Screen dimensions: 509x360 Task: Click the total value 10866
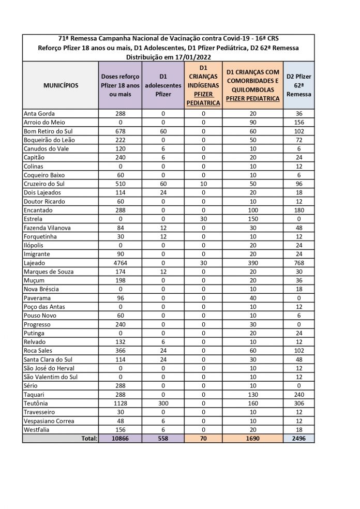[119, 439]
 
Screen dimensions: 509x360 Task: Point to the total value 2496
[298, 439]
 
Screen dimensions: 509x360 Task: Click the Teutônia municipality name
[37, 403]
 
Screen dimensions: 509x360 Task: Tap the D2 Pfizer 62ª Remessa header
[298, 85]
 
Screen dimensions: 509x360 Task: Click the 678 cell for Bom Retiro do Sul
[119, 131]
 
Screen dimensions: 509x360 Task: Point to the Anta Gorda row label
[39, 113]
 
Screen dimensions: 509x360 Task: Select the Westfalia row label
[37, 430]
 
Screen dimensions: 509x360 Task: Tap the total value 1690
[252, 439]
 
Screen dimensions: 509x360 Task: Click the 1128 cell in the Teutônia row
[119, 403]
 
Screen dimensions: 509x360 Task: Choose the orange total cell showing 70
[203, 439]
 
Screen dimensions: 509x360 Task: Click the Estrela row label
[34, 219]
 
